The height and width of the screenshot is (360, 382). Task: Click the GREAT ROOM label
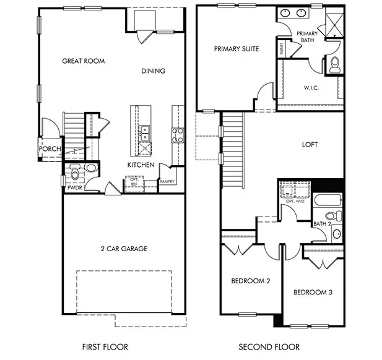(x=84, y=61)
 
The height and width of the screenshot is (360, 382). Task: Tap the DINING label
(x=153, y=71)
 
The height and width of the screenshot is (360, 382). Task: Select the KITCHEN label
(x=141, y=165)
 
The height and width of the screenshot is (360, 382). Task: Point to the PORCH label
(x=49, y=149)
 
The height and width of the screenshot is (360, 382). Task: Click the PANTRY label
(x=167, y=182)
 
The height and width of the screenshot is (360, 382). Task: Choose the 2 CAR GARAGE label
(x=124, y=249)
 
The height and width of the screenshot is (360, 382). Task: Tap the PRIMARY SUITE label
(x=237, y=48)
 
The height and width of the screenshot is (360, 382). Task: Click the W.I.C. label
(x=311, y=88)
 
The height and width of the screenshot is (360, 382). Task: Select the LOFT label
(x=310, y=145)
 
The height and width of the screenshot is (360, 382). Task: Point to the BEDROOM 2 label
(x=251, y=281)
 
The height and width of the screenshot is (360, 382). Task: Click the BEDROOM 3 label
(x=313, y=292)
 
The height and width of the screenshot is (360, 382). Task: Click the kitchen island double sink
(x=144, y=131)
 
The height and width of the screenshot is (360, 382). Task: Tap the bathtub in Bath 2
(x=328, y=200)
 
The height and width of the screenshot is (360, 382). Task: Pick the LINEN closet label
(x=282, y=48)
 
